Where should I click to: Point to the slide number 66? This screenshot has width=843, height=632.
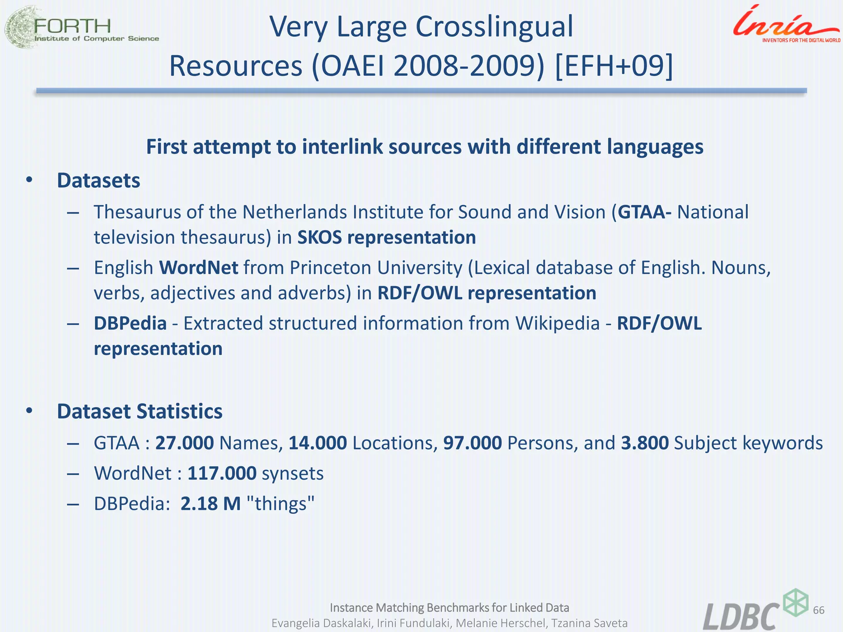pos(819,610)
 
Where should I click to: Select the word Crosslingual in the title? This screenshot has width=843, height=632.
pos(494,27)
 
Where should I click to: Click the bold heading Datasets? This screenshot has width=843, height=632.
pos(98,181)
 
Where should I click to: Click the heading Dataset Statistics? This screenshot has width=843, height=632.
pos(140,411)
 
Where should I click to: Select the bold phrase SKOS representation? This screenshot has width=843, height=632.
pos(387,237)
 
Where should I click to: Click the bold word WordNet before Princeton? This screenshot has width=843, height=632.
pos(199,268)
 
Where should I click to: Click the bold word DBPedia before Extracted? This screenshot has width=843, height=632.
pos(130,323)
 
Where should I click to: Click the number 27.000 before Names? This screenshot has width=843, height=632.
pos(184,443)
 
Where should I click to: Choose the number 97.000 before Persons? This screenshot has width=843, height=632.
pos(472,443)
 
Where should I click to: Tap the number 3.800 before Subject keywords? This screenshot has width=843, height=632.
pos(645,443)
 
